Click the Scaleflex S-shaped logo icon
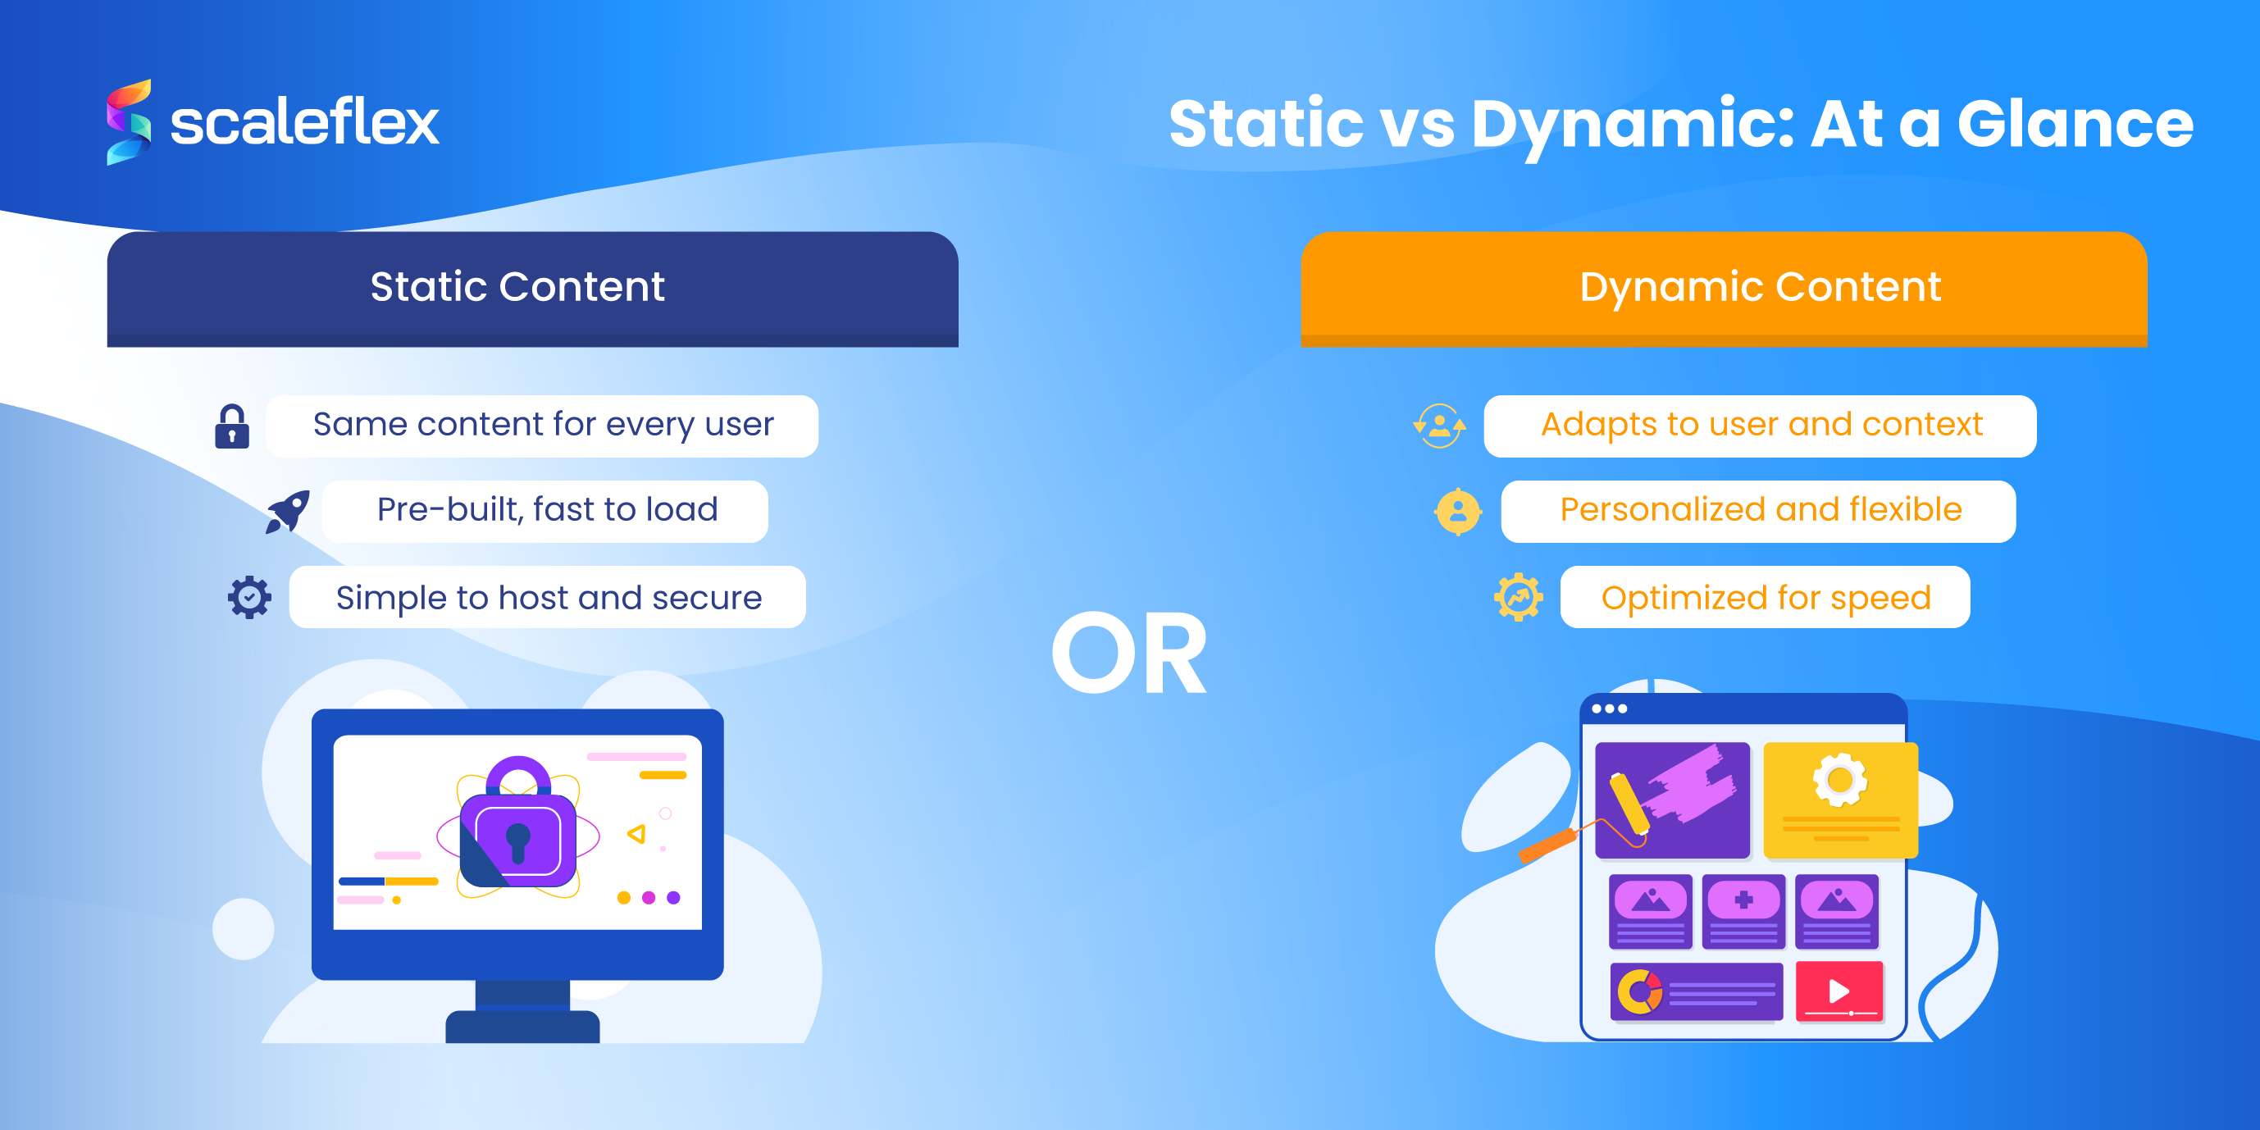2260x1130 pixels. [x=129, y=122]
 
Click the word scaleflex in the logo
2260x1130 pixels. [x=303, y=122]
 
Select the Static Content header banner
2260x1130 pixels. [x=531, y=288]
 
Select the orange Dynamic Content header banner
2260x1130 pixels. [x=1723, y=288]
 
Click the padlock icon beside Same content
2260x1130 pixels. [x=231, y=426]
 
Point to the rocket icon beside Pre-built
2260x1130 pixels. [x=288, y=511]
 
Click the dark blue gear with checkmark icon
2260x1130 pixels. [x=250, y=598]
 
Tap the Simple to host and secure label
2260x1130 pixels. [x=548, y=598]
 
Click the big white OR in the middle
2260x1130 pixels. [x=1128, y=654]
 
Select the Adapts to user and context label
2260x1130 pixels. [x=1760, y=426]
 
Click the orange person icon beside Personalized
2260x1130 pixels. [x=1457, y=512]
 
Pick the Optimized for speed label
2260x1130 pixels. [x=1765, y=598]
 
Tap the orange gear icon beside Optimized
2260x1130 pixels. [x=1518, y=598]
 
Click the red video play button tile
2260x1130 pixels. [x=1838, y=991]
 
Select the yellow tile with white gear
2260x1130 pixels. [x=1840, y=800]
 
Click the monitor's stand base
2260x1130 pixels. [x=522, y=1027]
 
